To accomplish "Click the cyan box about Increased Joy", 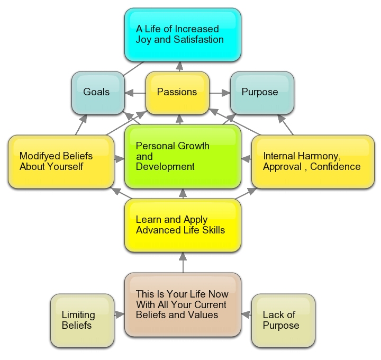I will [x=183, y=34].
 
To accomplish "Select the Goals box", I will [x=97, y=92].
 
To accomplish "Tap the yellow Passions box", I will [x=177, y=92].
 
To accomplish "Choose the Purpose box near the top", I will [x=261, y=92].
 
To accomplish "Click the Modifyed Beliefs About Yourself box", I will [x=61, y=161].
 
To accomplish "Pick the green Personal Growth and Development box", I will [x=183, y=156].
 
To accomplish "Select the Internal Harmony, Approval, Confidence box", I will [x=312, y=161].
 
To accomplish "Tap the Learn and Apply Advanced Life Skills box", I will [x=183, y=225].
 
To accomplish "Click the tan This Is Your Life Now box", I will [x=183, y=304].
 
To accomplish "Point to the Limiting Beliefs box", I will [x=82, y=321].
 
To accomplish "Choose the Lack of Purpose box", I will [x=283, y=321].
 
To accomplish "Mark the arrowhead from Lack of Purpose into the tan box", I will [x=246, y=314].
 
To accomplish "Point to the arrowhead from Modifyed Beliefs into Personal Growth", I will [x=120, y=158].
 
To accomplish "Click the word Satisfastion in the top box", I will [x=195, y=40].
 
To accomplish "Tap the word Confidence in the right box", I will [x=335, y=167].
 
